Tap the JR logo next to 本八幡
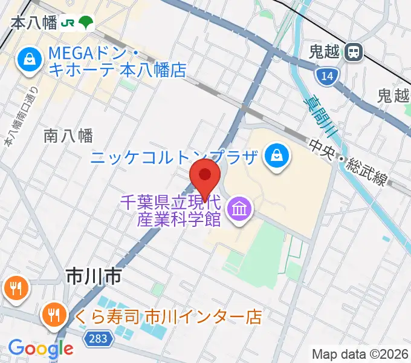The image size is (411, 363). pos(69,23)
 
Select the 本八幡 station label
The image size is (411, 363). pos(34,23)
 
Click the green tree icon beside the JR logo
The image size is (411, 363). pos(87,22)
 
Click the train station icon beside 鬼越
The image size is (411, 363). pos(352,53)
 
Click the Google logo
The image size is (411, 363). pos(40,348)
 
